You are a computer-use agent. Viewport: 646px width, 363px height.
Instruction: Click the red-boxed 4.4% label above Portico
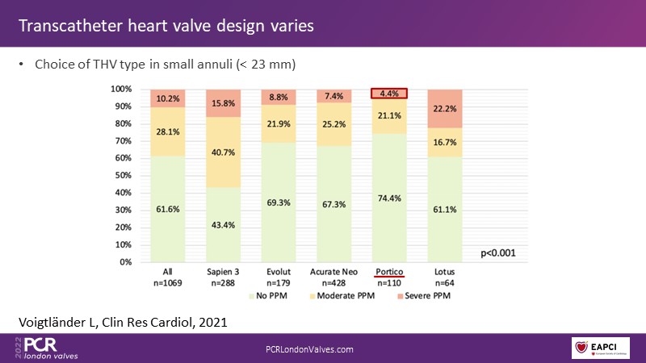[388, 94]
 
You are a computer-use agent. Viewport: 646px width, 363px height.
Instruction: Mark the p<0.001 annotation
[498, 252]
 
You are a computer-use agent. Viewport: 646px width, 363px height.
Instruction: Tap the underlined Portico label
[388, 273]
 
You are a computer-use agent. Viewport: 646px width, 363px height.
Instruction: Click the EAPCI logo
[601, 348]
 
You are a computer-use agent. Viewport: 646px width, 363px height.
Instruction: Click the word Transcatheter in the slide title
[69, 26]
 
